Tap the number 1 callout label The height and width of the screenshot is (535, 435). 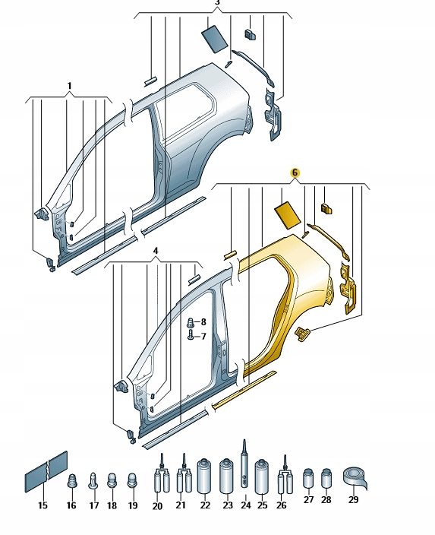[x=69, y=85]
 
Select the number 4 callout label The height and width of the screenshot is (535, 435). [x=155, y=250]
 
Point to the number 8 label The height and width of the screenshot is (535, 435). [x=203, y=322]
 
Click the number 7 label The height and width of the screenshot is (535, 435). [x=203, y=336]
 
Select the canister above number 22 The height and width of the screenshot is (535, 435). [x=203, y=476]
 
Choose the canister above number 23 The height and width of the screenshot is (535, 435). [x=225, y=476]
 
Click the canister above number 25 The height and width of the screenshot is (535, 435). [x=263, y=476]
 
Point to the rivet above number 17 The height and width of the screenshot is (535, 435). [x=93, y=480]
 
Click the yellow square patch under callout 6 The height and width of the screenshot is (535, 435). [x=290, y=213]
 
